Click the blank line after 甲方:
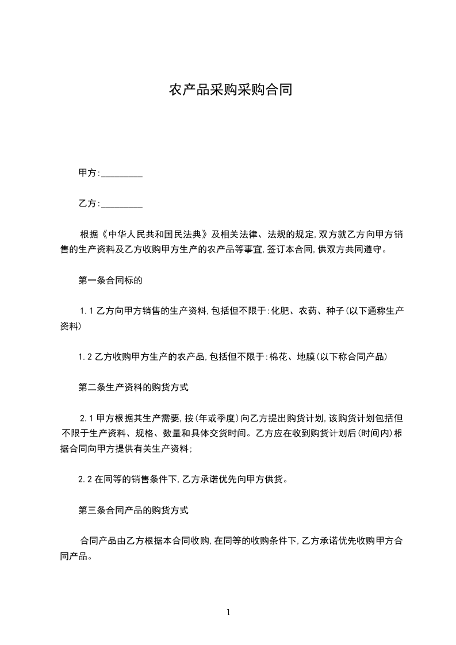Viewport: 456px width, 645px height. [x=122, y=174]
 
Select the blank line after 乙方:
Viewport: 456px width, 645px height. [x=122, y=204]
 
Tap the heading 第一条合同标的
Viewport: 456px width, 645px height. [x=110, y=282]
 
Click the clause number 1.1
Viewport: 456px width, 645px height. [x=86, y=311]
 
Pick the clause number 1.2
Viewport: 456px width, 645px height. [x=85, y=358]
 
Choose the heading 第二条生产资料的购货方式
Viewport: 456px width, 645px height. [x=133, y=387]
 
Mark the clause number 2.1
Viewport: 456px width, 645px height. [x=86, y=418]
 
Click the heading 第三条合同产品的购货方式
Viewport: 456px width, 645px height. [x=133, y=510]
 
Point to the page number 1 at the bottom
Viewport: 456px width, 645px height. [x=228, y=612]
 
